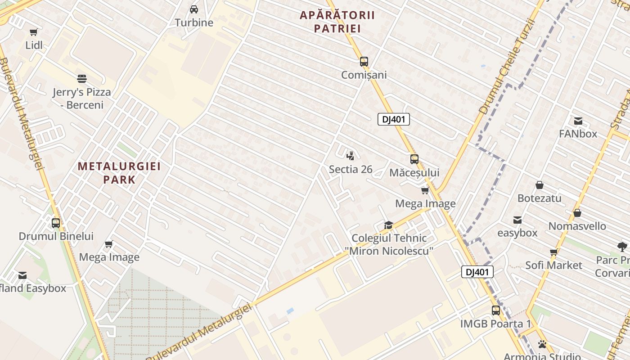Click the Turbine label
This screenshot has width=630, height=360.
(194, 22)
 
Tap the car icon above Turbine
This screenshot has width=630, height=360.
(194, 9)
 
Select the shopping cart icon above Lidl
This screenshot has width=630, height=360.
(34, 32)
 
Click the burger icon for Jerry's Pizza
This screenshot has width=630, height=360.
(81, 79)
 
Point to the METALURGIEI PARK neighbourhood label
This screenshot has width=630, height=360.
(119, 173)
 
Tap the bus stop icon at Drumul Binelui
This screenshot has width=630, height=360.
(56, 223)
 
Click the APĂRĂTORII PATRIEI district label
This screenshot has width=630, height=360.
(337, 22)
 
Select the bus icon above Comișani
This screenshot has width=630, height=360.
(364, 62)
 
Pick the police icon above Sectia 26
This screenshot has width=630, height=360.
(351, 156)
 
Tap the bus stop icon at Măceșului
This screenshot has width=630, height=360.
(414, 159)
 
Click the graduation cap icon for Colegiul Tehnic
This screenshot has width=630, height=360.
(388, 225)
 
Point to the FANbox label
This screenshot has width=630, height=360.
(578, 134)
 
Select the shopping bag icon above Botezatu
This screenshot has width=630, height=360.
(540, 185)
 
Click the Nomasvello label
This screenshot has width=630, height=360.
(577, 226)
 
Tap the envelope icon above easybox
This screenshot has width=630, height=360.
(517, 220)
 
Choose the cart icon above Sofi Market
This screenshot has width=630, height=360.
(553, 252)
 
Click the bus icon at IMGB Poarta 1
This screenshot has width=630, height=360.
(495, 310)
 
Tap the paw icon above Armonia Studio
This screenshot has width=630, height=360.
(542, 344)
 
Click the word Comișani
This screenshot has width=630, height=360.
(364, 75)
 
